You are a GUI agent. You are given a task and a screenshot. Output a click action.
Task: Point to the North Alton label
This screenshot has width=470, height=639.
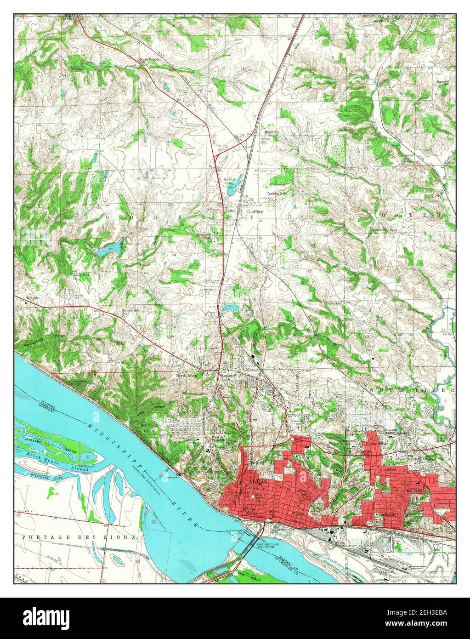[187, 375]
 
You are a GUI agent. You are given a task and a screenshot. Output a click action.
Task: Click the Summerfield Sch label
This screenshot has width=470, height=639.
[129, 311]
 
